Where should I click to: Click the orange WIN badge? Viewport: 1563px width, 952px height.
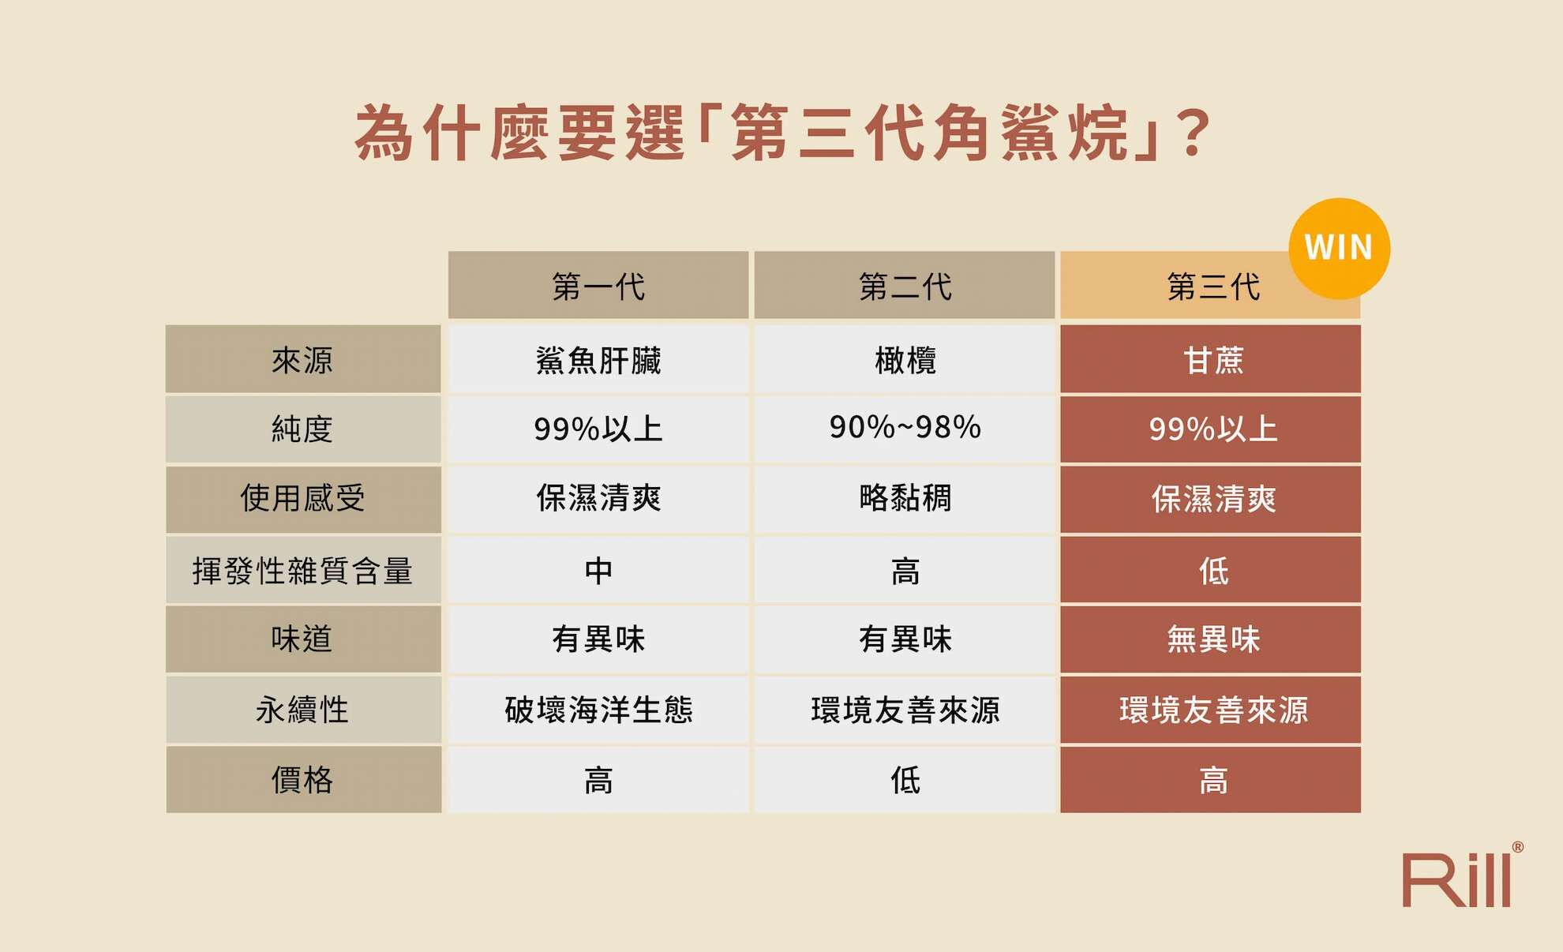1339,248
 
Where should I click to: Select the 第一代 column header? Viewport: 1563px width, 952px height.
598,286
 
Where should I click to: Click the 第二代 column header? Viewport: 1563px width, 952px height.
905,286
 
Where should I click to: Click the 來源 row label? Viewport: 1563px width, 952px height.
302,360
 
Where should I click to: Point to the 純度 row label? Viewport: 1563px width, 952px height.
302,429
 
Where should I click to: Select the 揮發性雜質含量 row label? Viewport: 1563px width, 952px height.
302,570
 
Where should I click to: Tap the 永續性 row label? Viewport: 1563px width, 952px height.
302,710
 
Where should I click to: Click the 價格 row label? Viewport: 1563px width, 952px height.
302,780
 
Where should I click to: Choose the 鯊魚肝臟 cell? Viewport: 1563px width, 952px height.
598,360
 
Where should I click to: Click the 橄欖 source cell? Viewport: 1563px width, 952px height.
905,360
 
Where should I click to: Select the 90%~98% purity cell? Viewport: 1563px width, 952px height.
905,428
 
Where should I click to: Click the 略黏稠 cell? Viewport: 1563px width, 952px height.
905,498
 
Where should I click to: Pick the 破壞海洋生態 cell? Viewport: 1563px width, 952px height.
598,710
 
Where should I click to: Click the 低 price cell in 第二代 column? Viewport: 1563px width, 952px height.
905,780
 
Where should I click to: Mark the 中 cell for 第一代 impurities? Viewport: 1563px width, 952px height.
598,570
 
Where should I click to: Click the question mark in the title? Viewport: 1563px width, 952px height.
1192,133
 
